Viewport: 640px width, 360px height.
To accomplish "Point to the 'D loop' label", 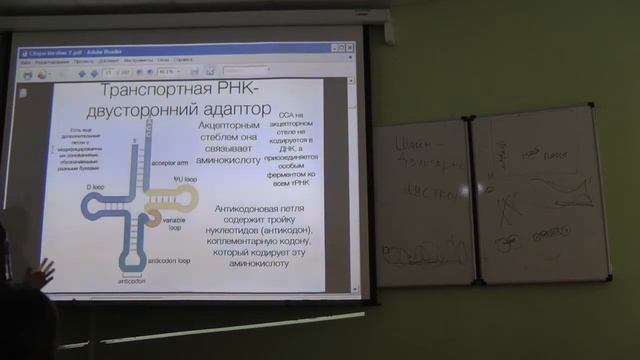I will (95, 186).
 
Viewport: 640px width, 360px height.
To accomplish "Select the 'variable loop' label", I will (179, 225).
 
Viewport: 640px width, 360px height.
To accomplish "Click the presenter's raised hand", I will (42, 271).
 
